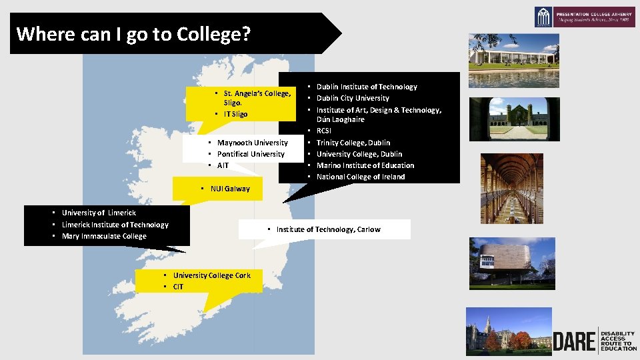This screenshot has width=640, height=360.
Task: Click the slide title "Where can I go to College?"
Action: click(133, 33)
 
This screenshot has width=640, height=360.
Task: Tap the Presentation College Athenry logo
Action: click(585, 17)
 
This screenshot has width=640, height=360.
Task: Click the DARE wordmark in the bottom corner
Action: click(573, 341)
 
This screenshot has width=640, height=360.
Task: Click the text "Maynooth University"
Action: click(253, 143)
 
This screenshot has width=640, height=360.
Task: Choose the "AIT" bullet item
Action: click(223, 165)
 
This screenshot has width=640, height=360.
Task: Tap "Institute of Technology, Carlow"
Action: click(328, 229)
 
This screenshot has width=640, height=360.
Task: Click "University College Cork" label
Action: click(212, 275)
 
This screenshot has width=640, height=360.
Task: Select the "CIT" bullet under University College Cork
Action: click(178, 287)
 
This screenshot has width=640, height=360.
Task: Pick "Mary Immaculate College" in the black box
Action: click(104, 236)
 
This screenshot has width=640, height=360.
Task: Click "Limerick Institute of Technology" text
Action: click(115, 225)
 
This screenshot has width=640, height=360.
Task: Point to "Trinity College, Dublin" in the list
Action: click(353, 143)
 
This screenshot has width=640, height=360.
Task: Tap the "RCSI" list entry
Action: click(324, 131)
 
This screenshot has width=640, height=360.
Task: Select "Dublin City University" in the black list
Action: click(353, 98)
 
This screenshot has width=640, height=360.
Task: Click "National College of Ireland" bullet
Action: click(361, 177)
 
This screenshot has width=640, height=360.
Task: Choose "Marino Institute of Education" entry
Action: click(365, 165)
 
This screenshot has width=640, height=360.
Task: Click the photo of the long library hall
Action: click(511, 189)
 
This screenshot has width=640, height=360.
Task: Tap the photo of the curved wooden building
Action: click(512, 263)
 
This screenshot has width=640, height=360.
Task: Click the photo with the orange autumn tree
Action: click(509, 331)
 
